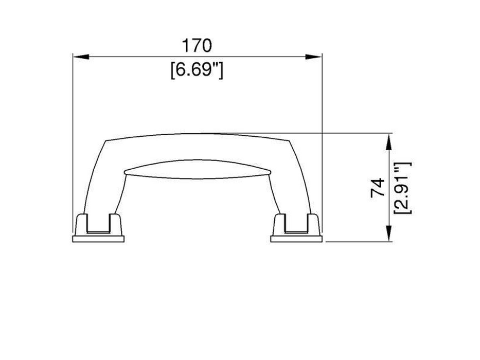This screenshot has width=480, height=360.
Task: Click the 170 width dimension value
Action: point(197,46)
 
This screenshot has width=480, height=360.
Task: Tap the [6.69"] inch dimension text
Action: point(197,70)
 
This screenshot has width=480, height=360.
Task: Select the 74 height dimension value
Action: point(378,188)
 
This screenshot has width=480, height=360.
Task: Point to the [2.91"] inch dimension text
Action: point(402,188)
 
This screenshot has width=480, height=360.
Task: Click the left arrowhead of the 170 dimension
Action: point(81,57)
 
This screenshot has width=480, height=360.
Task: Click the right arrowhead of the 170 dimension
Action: point(314,57)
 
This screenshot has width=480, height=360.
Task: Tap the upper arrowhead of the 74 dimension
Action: point(389,141)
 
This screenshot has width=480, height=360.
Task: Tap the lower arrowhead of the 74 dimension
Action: point(389,233)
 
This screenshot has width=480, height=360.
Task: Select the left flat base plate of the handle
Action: point(98,239)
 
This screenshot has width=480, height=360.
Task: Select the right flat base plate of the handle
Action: point(296,239)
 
